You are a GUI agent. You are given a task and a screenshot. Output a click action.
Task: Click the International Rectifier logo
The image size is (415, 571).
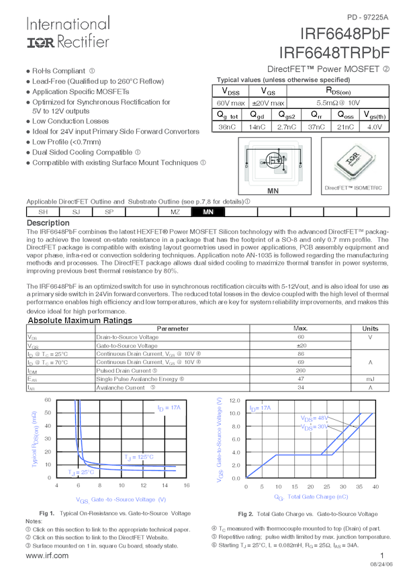coord(67,32)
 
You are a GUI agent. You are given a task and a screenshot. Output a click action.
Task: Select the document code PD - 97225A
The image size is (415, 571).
coord(367,16)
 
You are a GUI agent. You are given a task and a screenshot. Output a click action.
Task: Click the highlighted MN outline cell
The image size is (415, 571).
coord(208,212)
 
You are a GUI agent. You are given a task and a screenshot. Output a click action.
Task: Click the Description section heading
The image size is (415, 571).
coord(48,223)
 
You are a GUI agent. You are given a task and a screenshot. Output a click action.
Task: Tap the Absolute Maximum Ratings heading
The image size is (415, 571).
coord(79,321)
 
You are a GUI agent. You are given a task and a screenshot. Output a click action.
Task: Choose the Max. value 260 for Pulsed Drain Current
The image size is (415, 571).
coord(300,370)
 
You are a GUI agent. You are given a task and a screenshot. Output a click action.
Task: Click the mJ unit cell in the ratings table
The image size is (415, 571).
coord(370,379)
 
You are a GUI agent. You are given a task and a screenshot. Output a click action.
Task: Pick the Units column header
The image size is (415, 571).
coord(370,328)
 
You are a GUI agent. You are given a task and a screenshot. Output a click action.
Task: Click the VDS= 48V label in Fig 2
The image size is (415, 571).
coord(314,418)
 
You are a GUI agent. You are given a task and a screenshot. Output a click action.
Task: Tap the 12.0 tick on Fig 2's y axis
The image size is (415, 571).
coord(234,400)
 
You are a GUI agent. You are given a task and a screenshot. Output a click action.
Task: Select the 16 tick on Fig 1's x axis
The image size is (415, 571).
coord(186,485)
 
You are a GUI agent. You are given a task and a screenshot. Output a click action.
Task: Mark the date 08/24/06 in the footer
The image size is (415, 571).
coord(381,565)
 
